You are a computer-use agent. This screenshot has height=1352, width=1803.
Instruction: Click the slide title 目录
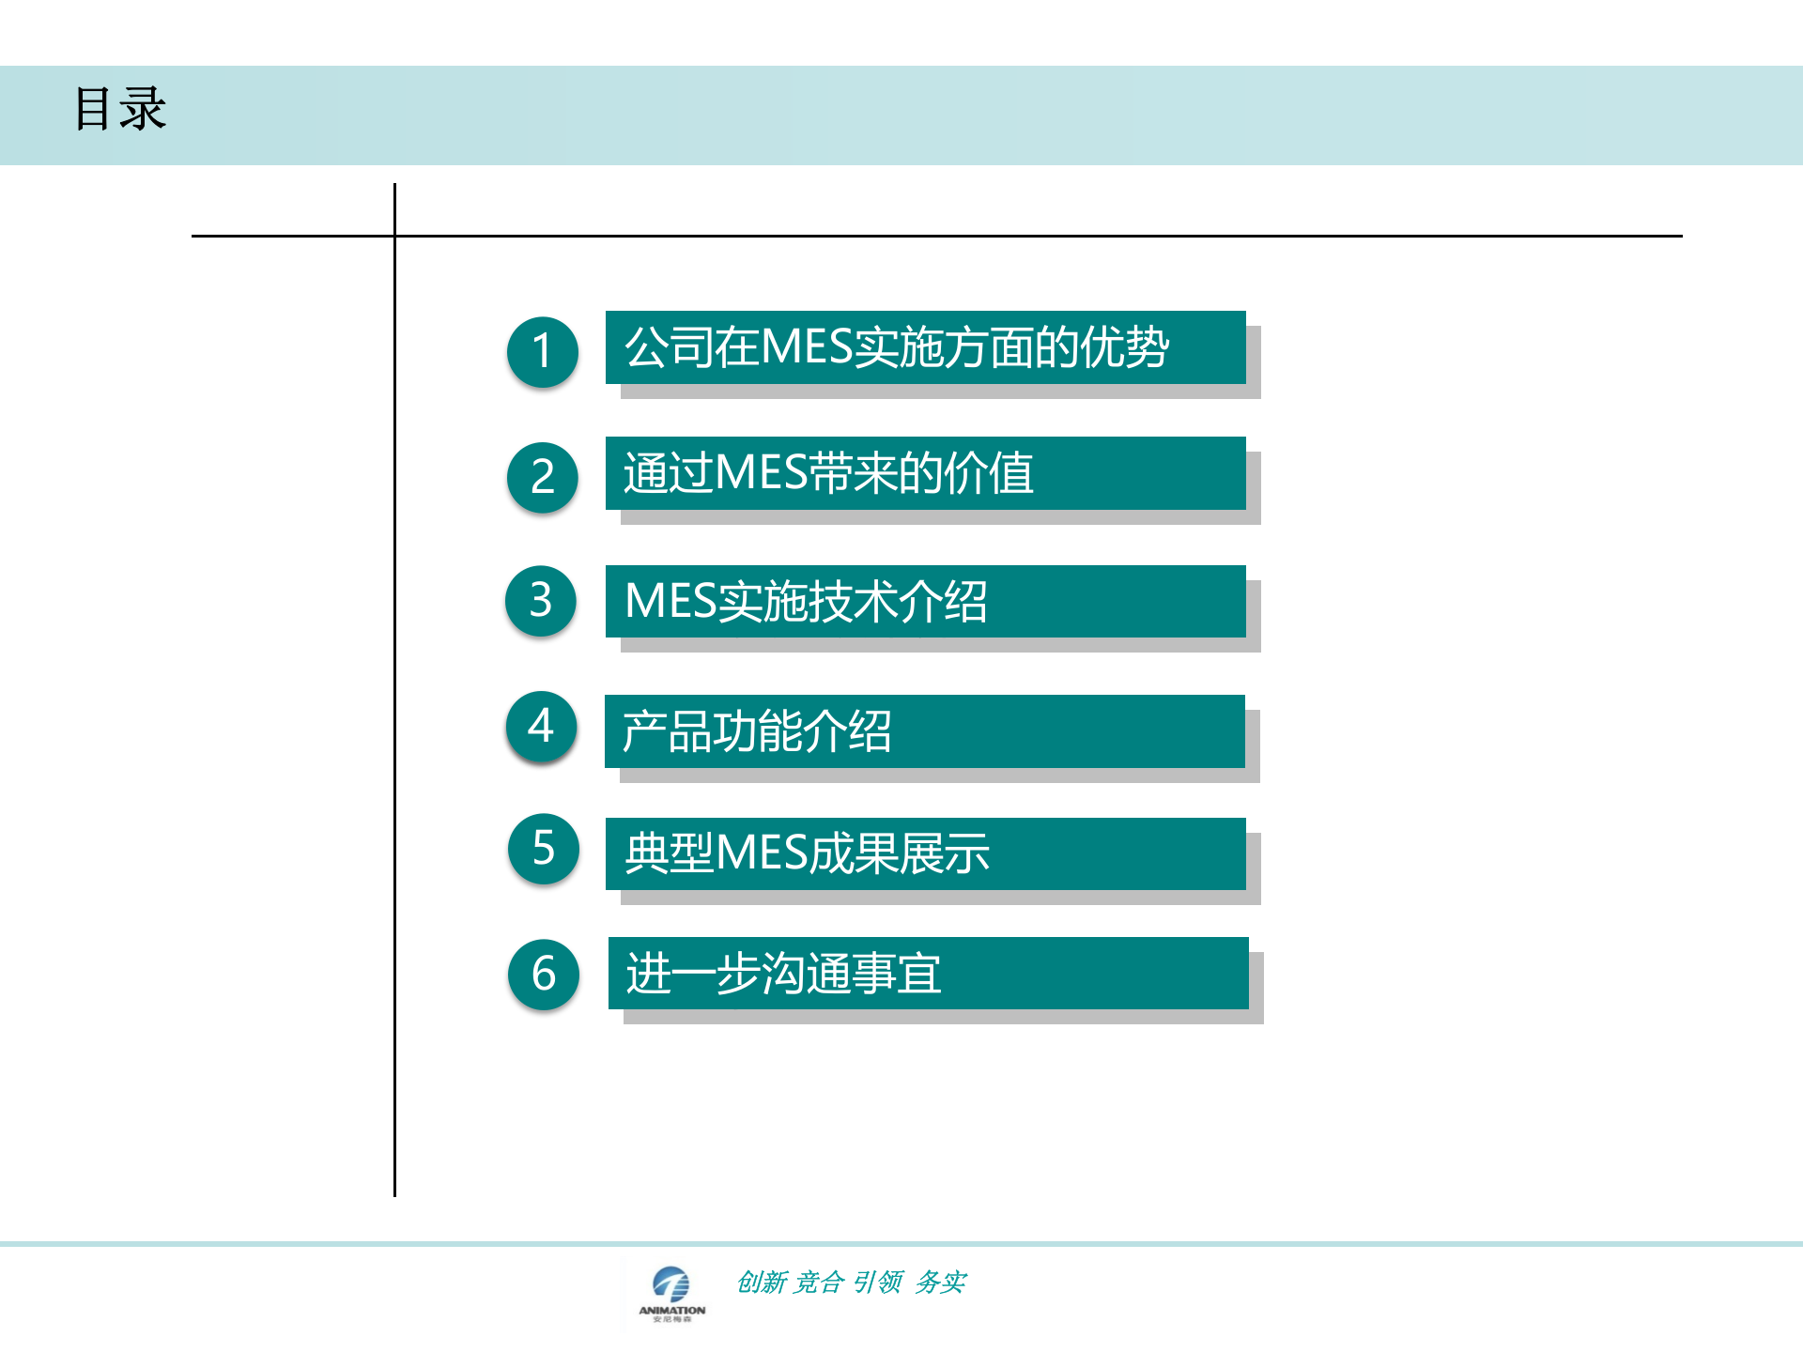(120, 109)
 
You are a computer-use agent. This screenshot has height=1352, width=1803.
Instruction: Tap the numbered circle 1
(542, 352)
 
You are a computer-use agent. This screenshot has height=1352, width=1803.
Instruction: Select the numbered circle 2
(542, 477)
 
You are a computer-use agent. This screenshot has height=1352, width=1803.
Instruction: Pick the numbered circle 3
(541, 601)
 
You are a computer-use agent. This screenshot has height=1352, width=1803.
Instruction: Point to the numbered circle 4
(541, 727)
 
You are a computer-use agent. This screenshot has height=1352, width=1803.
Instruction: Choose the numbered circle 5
(543, 849)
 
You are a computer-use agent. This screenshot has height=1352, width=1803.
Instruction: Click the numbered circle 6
(543, 975)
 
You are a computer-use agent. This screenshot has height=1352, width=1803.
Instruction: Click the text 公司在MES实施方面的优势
(897, 347)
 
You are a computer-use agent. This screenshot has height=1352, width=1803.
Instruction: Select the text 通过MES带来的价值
(828, 473)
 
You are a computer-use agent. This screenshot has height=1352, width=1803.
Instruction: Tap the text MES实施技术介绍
(806, 602)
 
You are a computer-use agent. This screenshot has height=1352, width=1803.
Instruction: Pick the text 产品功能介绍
(757, 731)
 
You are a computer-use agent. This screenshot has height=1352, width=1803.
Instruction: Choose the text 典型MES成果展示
(807, 853)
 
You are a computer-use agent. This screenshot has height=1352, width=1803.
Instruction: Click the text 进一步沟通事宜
(783, 974)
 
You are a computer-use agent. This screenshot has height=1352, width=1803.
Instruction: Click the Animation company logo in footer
(671, 1293)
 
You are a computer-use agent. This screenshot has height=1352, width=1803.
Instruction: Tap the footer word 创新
(762, 1282)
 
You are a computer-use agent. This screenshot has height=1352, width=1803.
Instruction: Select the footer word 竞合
(819, 1282)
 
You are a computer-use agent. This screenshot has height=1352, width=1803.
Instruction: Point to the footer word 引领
(878, 1282)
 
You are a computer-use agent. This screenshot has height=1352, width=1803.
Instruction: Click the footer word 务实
(941, 1282)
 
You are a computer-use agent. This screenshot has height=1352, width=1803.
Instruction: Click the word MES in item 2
(761, 473)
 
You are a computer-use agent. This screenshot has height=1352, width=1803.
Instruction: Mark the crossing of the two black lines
(394, 236)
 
